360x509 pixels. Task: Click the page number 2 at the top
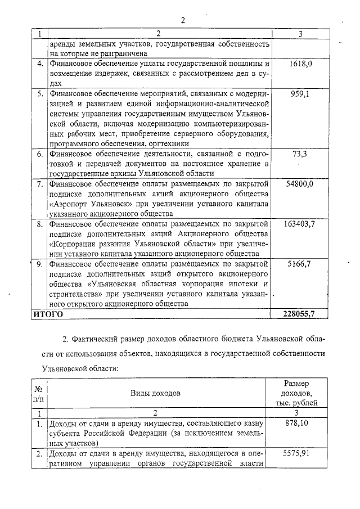click(x=183, y=21)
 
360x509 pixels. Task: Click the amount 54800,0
click(x=300, y=184)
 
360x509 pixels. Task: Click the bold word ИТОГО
click(x=48, y=314)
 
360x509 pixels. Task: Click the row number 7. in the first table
click(x=40, y=184)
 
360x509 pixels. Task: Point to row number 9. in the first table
click(x=40, y=264)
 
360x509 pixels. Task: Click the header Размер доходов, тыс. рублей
click(x=300, y=393)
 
